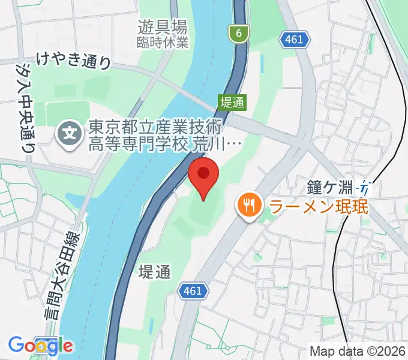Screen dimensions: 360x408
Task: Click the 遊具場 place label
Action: click(x=162, y=27)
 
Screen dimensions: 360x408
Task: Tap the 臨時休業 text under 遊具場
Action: click(x=162, y=42)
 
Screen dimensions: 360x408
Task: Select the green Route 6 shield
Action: click(x=239, y=34)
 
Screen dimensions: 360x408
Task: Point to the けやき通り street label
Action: click(x=73, y=60)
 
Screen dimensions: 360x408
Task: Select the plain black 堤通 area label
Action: click(x=154, y=272)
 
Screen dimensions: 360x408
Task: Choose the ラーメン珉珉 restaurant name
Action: click(x=318, y=208)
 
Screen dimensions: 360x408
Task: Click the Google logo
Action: click(x=40, y=346)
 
